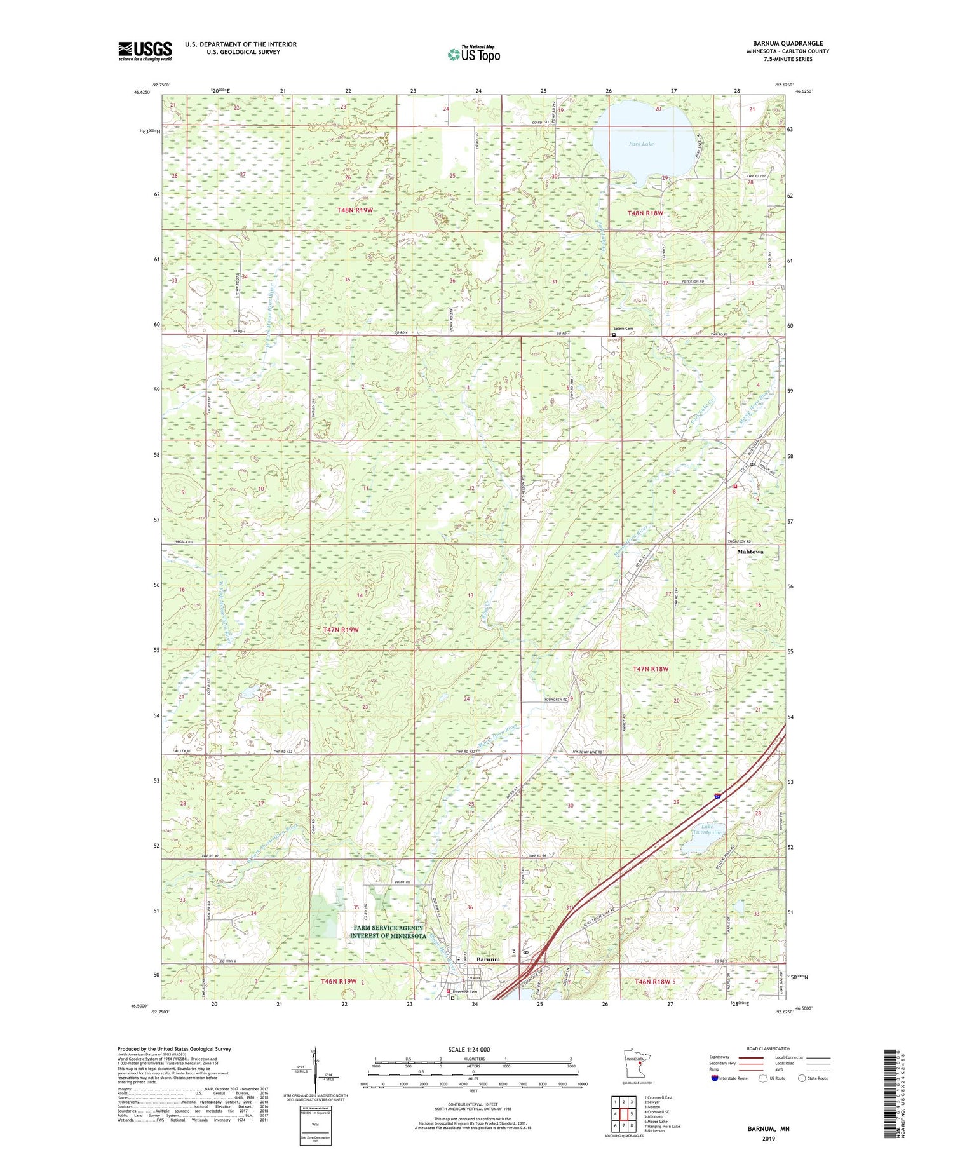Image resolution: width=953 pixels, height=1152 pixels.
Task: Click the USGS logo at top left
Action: (145, 51)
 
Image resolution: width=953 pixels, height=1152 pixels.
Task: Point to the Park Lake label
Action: (641, 144)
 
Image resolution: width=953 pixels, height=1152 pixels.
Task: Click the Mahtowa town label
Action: (750, 552)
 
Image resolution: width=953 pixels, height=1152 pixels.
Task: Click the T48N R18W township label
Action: (645, 213)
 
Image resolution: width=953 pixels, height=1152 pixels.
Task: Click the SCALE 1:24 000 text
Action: (469, 1049)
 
